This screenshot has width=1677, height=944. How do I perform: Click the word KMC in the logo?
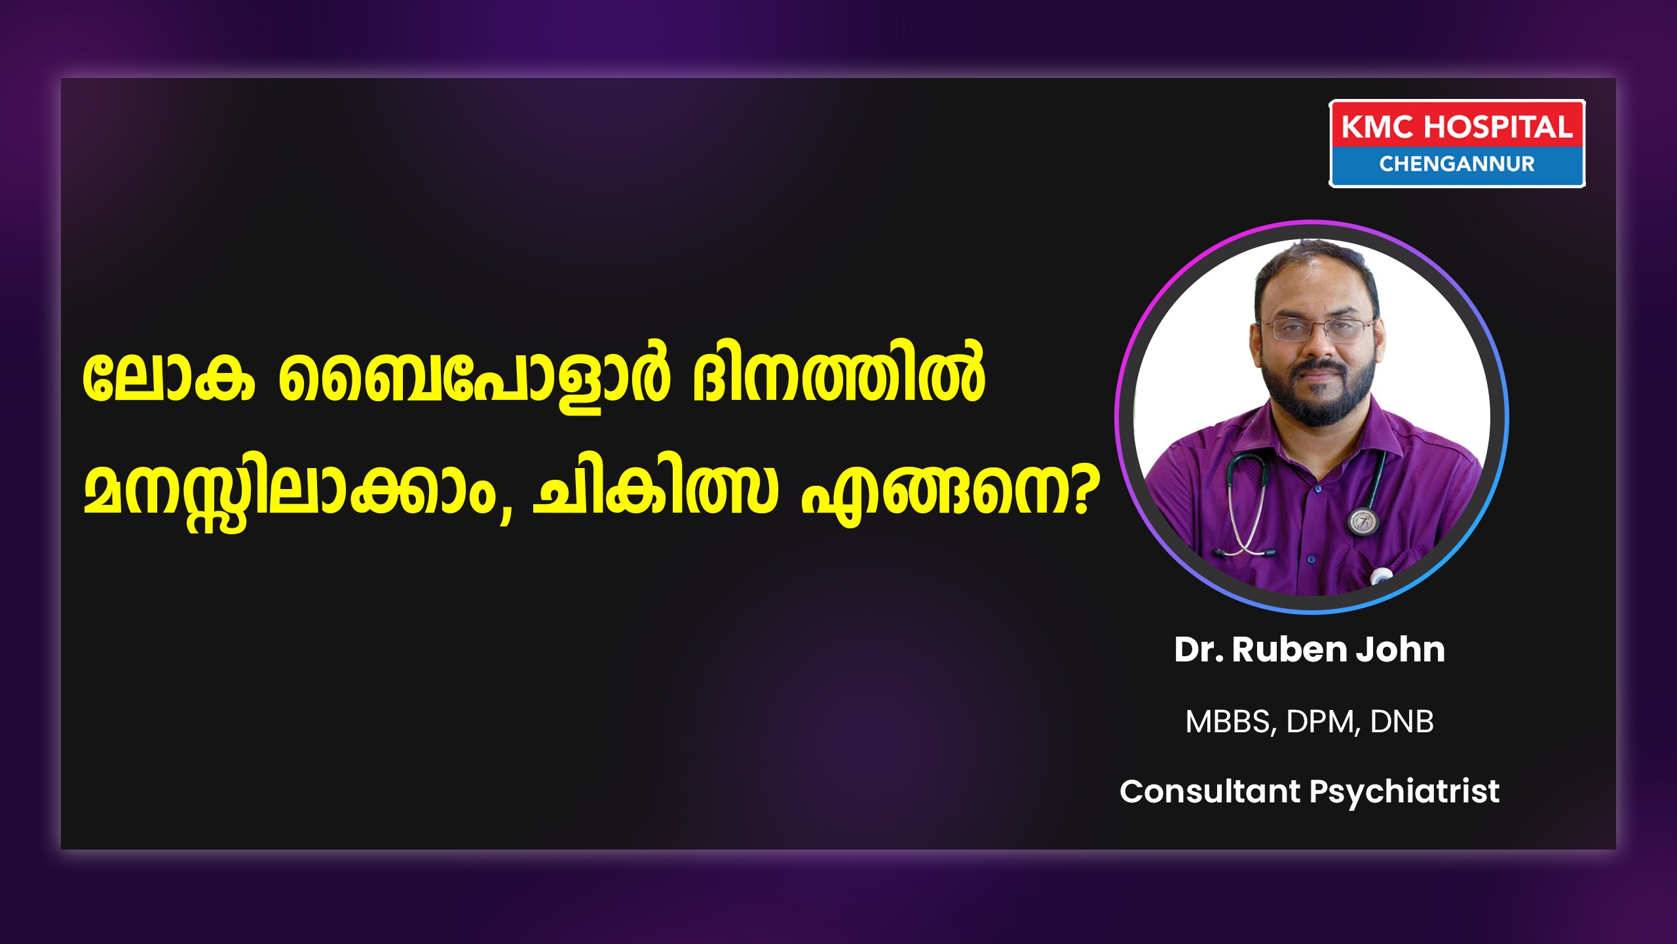click(1377, 127)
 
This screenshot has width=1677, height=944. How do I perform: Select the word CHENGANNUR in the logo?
click(1457, 164)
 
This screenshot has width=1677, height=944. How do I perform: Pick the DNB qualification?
click(1402, 721)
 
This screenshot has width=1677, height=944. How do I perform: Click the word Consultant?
click(1210, 791)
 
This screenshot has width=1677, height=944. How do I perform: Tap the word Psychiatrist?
click(1404, 793)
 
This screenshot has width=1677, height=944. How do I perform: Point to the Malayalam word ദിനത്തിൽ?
click(839, 374)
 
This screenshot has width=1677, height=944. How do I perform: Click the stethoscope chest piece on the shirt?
click(1363, 521)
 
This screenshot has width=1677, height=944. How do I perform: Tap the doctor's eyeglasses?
click(1317, 328)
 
